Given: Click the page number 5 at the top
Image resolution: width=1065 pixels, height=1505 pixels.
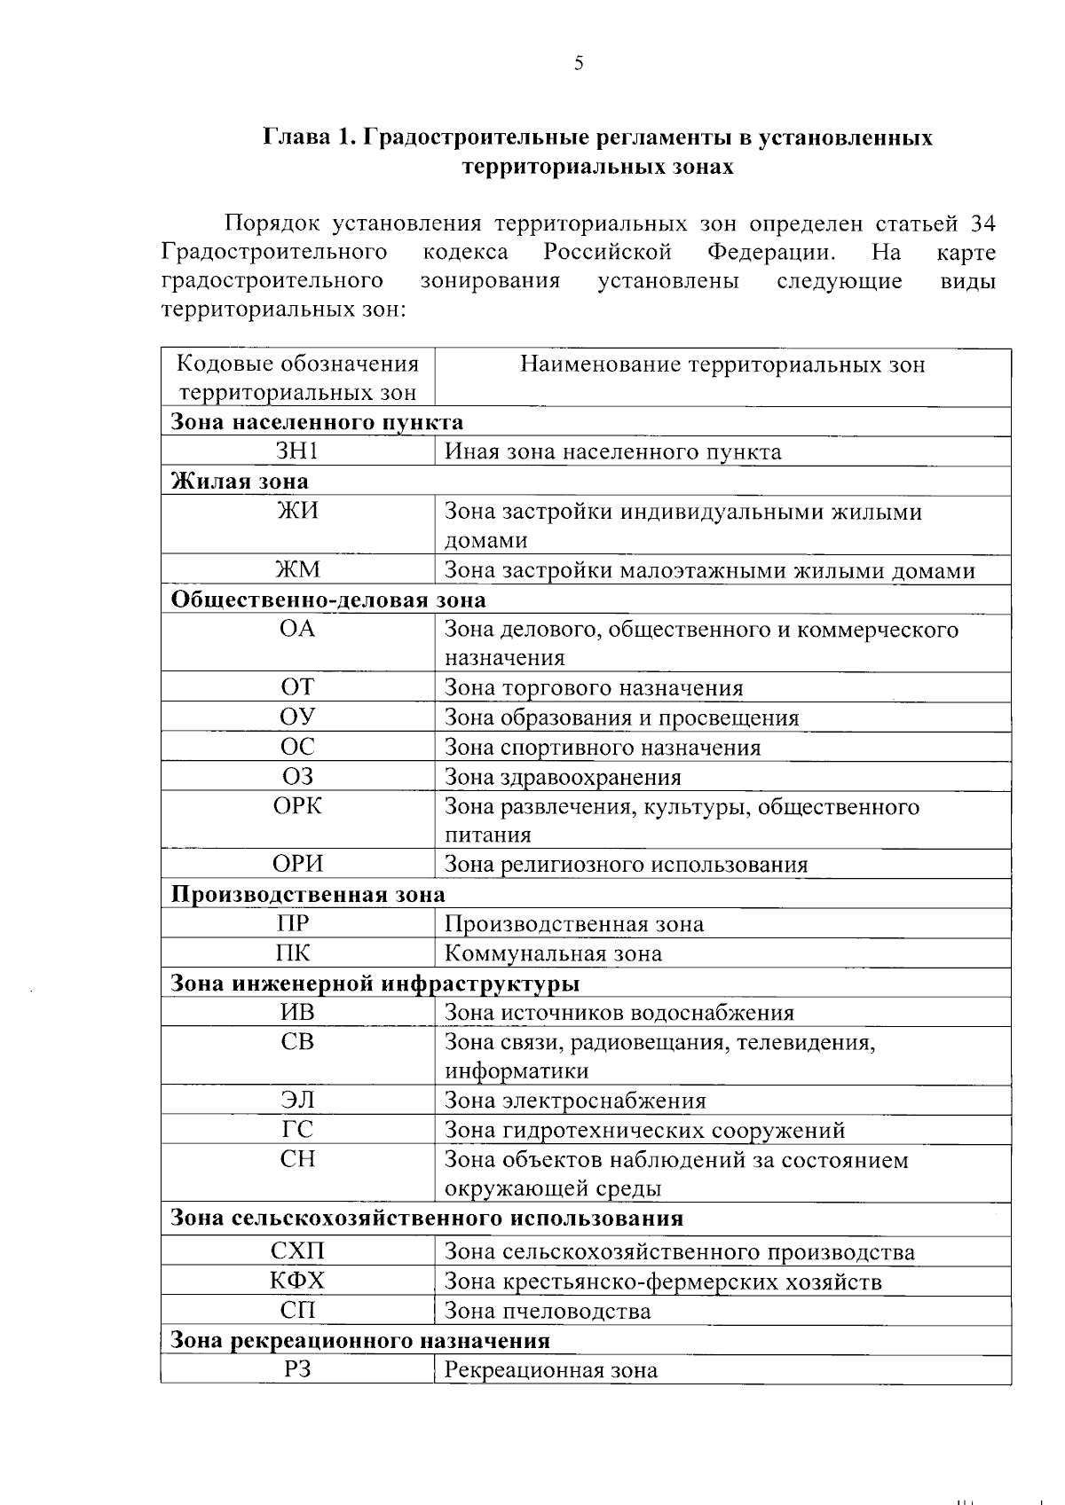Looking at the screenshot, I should [579, 63].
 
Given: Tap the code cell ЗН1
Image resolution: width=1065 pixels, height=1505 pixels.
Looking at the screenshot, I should [297, 452].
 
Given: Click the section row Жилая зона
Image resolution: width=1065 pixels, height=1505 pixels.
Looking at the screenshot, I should [240, 482].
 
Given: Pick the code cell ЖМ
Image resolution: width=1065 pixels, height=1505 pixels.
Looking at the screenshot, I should [297, 570].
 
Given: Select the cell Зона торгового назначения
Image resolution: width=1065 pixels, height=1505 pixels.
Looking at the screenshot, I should [593, 688].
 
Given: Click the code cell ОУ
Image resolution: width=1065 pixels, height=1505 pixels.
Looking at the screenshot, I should [297, 717].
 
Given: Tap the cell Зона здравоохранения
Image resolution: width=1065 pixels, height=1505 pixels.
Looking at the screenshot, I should [563, 778].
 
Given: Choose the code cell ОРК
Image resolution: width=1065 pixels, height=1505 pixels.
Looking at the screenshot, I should [297, 807].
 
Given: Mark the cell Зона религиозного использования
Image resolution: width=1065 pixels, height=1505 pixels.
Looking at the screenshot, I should [626, 865].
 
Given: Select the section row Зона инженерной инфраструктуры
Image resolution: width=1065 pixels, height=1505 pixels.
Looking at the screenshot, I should [375, 984].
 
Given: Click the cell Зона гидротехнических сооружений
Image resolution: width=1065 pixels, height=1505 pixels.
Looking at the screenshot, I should [644, 1131].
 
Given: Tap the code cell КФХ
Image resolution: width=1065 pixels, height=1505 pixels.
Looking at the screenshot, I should [297, 1282].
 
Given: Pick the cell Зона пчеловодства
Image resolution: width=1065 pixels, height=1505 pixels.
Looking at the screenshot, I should [547, 1312].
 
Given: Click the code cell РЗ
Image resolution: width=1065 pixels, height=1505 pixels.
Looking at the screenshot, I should [297, 1370].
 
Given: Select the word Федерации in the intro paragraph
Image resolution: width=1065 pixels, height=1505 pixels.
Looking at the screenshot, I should [771, 252].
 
